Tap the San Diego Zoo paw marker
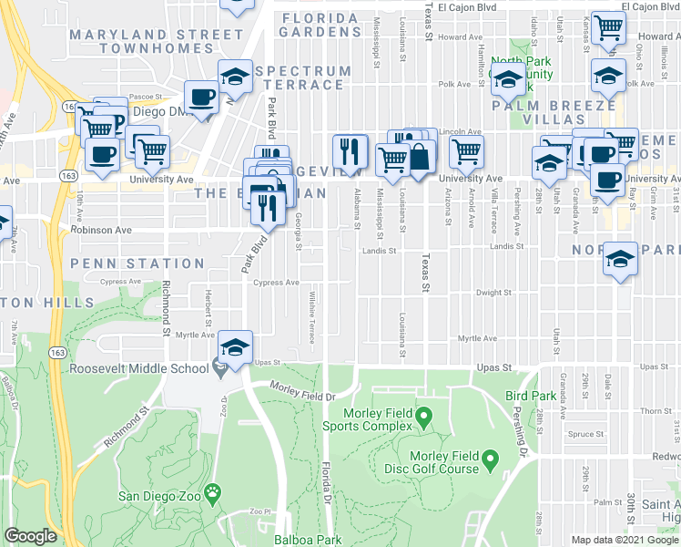213,492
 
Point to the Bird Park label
531,397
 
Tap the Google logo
31,536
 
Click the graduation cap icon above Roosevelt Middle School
235,347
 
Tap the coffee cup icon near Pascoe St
200,96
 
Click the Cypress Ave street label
277,283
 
